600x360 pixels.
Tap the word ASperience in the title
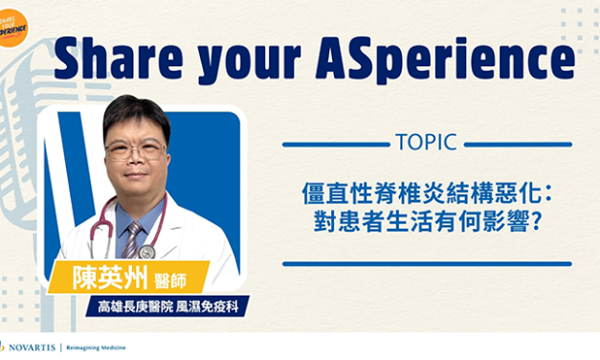point(459,59)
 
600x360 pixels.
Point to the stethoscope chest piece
point(146,251)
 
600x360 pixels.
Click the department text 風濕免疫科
point(210,309)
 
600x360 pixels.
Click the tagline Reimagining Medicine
point(97,347)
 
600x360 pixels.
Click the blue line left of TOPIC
point(335,145)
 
